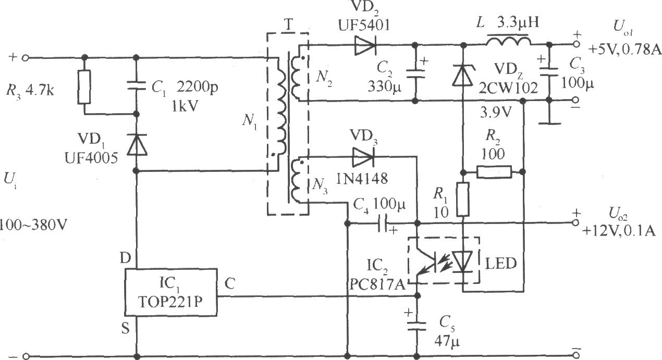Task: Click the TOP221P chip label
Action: pyautogui.click(x=170, y=302)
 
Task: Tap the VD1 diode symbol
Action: pyautogui.click(x=137, y=144)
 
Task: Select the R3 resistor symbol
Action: pyautogui.click(x=84, y=87)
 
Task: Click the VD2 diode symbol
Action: pyautogui.click(x=365, y=45)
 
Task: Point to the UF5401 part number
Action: pyautogui.click(x=364, y=26)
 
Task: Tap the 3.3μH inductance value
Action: pyautogui.click(x=518, y=22)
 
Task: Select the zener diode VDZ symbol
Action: pyautogui.click(x=463, y=76)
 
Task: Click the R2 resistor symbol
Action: pyautogui.click(x=494, y=172)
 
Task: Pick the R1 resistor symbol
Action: pyautogui.click(x=463, y=200)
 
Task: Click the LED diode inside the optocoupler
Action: pyautogui.click(x=463, y=261)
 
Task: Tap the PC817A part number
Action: pyautogui.click(x=377, y=284)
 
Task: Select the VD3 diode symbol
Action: pyautogui.click(x=363, y=156)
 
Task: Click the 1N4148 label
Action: pyautogui.click(x=362, y=178)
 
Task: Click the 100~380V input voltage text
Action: pyautogui.click(x=33, y=226)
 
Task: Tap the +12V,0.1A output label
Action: pyautogui.click(x=619, y=231)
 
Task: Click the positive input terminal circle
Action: pyautogui.click(x=26, y=58)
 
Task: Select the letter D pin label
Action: pyautogui.click(x=125, y=258)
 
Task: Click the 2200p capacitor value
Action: pyautogui.click(x=197, y=87)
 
